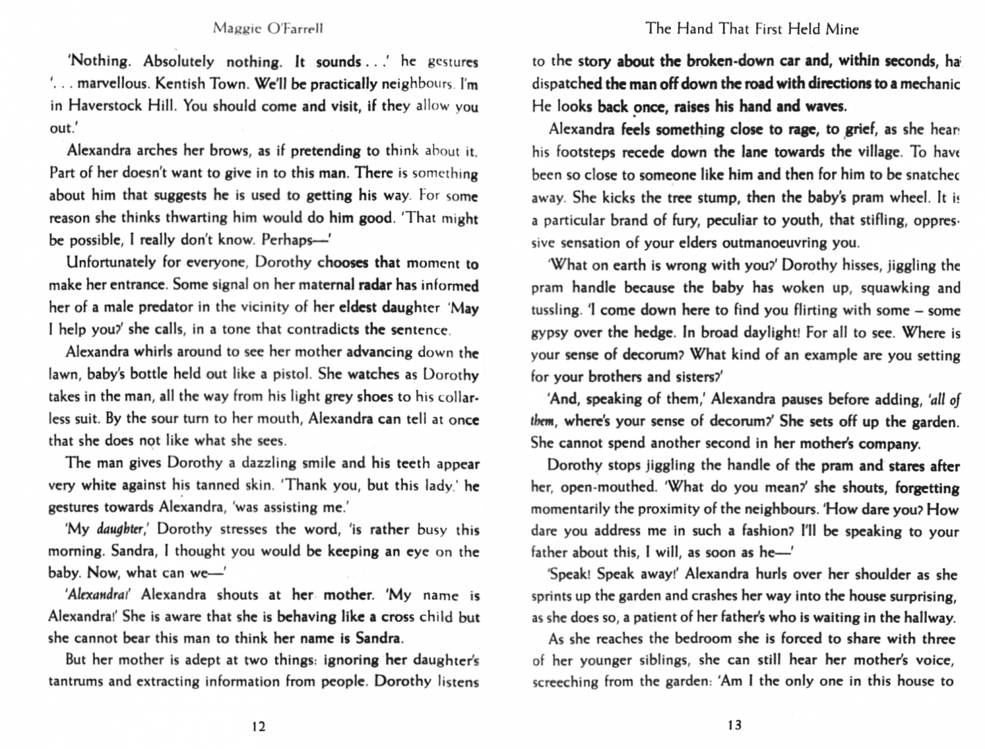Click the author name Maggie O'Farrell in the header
268,28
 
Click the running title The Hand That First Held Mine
751,28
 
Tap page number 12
258,726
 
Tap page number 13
734,725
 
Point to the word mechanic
928,84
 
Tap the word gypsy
550,332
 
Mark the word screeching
564,682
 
